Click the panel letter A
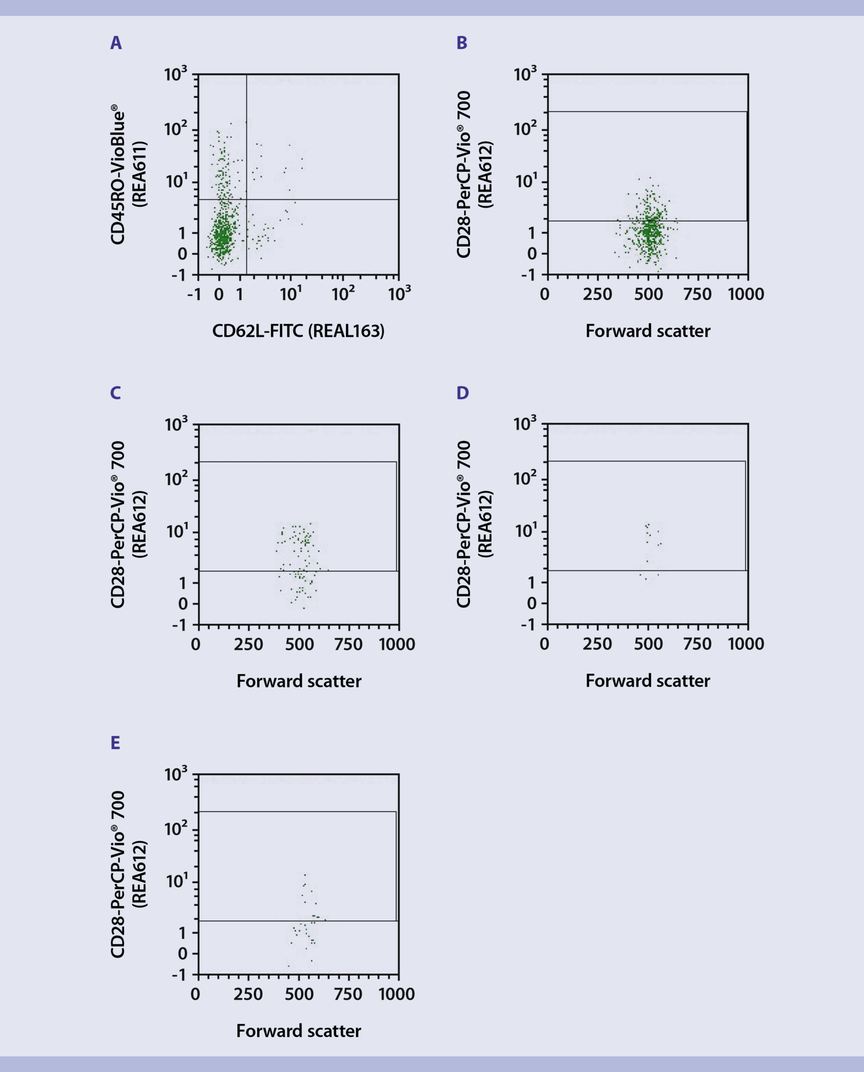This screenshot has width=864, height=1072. (116, 43)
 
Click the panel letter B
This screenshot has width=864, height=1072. (462, 43)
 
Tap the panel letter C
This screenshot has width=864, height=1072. (116, 393)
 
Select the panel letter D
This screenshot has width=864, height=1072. (462, 393)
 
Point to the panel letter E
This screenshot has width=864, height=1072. (115, 743)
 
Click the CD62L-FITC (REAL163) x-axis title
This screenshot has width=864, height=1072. (298, 331)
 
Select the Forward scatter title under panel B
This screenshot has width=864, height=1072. (647, 331)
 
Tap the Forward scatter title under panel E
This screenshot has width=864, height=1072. (298, 1031)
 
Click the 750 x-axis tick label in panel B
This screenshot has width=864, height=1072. (697, 294)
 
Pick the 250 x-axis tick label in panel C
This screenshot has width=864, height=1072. (248, 644)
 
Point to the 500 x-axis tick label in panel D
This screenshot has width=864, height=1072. (648, 644)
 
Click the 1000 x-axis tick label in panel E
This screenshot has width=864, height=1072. (397, 994)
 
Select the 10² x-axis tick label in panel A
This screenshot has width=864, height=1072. (342, 293)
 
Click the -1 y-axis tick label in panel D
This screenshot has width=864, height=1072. (527, 625)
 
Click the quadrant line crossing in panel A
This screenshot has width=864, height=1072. (246, 199)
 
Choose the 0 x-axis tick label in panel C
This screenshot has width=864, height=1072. (195, 644)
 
